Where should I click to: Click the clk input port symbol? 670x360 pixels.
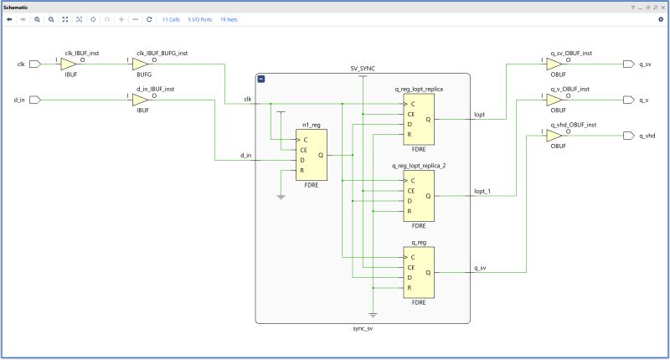(34, 64)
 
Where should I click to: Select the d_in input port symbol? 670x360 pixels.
(34, 100)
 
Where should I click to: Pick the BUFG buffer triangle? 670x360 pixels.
(140, 64)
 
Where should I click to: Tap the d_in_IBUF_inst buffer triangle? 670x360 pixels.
(140, 100)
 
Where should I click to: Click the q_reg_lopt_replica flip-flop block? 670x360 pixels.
(419, 119)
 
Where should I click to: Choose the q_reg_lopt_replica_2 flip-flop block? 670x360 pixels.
(419, 196)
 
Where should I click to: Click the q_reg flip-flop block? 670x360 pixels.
(419, 272)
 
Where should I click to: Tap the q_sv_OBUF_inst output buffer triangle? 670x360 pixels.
(554, 64)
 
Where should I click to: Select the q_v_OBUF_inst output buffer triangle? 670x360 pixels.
(554, 100)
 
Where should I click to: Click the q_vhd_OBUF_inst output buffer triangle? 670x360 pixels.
(554, 136)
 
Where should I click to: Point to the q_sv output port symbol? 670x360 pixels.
(630, 64)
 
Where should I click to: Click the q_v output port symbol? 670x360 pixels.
(630, 100)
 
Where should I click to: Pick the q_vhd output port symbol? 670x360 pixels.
(630, 136)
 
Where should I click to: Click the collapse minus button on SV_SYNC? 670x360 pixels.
(262, 79)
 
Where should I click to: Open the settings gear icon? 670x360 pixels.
(660, 18)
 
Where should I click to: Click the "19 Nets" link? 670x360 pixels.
(229, 18)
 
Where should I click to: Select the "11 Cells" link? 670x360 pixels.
(171, 18)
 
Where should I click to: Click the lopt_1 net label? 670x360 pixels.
(482, 191)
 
